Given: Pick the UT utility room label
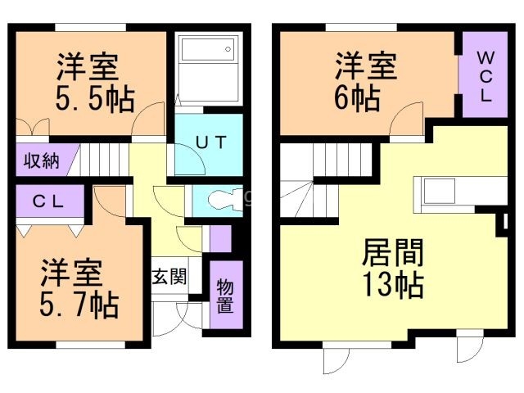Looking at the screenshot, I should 210,141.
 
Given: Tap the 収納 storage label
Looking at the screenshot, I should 40,160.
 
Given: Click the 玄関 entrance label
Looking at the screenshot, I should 169,275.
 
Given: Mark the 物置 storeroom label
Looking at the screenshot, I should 224,295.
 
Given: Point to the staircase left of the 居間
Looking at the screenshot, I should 309,180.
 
